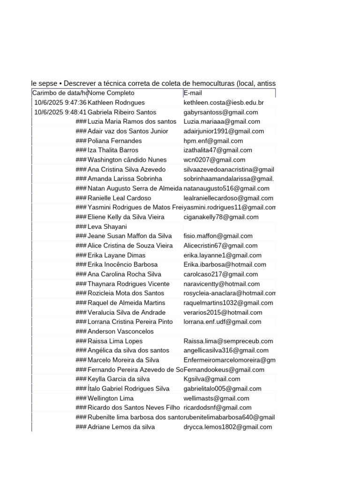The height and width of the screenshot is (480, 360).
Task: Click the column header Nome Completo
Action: (111, 93)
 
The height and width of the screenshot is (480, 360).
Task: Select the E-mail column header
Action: (193, 93)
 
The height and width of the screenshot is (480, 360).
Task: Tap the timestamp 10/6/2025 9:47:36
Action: (60, 103)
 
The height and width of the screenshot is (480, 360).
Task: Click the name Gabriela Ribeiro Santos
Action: (122, 112)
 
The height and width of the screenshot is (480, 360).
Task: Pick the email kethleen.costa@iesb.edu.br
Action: (224, 103)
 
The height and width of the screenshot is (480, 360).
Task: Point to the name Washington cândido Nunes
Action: (127, 160)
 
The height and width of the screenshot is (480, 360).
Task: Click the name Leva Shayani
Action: (107, 226)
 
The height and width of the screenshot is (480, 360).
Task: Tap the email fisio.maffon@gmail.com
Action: (218, 236)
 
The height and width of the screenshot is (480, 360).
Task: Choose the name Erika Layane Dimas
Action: (116, 255)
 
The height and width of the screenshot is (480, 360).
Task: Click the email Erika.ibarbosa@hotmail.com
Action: (225, 265)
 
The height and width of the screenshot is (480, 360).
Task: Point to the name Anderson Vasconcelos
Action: (120, 331)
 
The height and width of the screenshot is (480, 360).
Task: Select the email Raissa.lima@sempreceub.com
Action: (228, 341)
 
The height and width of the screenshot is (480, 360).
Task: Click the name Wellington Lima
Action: (111, 398)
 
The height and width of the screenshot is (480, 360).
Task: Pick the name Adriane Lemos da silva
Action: (121, 427)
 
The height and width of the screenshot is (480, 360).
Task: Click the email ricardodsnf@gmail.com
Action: (217, 408)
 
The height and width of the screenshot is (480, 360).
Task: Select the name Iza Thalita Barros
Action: (113, 150)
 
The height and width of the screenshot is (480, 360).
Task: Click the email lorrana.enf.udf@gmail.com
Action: (222, 322)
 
